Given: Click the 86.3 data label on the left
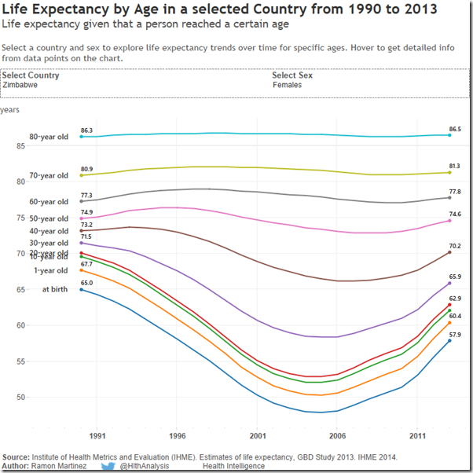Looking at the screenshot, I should [86, 130].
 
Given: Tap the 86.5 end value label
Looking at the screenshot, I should [455, 129].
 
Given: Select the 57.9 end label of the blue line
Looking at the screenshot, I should [455, 335].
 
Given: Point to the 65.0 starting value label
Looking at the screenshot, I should [86, 283].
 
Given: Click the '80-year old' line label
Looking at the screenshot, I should [49, 137].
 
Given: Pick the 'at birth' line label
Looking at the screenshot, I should [55, 289].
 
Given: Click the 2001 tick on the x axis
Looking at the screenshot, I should [257, 435].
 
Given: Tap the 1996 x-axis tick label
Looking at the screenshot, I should [178, 435].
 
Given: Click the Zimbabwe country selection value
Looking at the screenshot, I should [18, 85].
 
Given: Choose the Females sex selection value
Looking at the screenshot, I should [287, 85].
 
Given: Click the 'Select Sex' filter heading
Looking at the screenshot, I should [292, 75].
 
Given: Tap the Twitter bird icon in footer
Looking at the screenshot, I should [109, 467].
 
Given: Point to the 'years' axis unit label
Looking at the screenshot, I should [10, 110].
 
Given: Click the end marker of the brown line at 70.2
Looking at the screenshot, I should [449, 252].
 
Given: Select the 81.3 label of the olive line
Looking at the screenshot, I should [455, 167].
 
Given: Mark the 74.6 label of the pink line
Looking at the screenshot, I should [455, 214].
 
